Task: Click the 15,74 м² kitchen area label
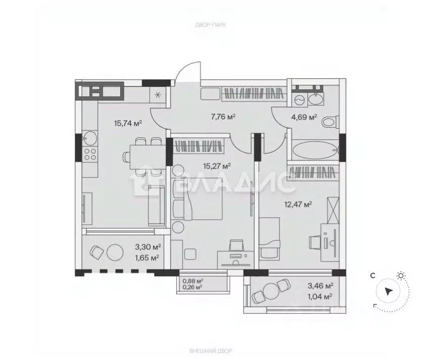pyautogui.click(x=128, y=123)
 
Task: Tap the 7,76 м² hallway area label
pyautogui.click(x=223, y=117)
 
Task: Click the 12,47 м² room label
pyautogui.click(x=298, y=204)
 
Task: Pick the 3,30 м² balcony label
pyautogui.click(x=148, y=247)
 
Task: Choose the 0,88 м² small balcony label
pyautogui.click(x=193, y=281)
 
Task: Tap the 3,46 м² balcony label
pyautogui.click(x=320, y=285)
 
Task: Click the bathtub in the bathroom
pyautogui.click(x=315, y=149)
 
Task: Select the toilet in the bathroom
pyautogui.click(x=330, y=122)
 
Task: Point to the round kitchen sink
pyautogui.click(x=89, y=138)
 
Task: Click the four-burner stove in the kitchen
pyautogui.click(x=89, y=154)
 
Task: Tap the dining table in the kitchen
pyautogui.click(x=148, y=157)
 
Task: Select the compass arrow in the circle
pyautogui.click(x=389, y=292)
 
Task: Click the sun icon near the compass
pyautogui.click(x=400, y=276)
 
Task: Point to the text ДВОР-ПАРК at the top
pyautogui.click(x=211, y=25)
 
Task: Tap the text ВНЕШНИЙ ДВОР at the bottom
pyautogui.click(x=211, y=351)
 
